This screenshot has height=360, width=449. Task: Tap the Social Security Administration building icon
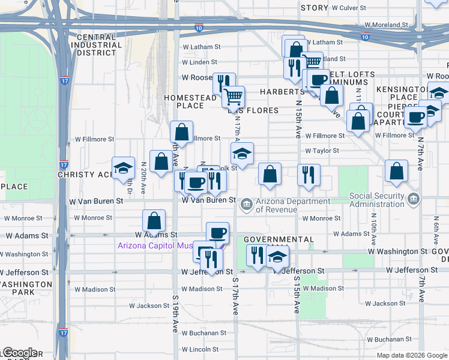pyautogui.click(x=412, y=199)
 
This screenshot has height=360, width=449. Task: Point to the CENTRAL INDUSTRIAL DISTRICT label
pyautogui.click(x=96, y=45)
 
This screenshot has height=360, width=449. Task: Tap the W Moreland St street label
pyautogui.click(x=387, y=25)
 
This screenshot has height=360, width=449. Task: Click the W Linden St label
pyautogui.click(x=199, y=62)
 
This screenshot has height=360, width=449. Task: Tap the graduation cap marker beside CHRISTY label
pyautogui.click(x=123, y=169)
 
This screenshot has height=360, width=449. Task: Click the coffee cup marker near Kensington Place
pyautogui.click(x=415, y=117)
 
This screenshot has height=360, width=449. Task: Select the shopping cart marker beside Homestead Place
pyautogui.click(x=233, y=96)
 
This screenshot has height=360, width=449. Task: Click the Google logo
pyautogui.click(x=19, y=353)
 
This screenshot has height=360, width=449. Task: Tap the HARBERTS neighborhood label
pyautogui.click(x=282, y=92)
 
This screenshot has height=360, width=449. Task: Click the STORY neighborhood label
pyautogui.click(x=314, y=8)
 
